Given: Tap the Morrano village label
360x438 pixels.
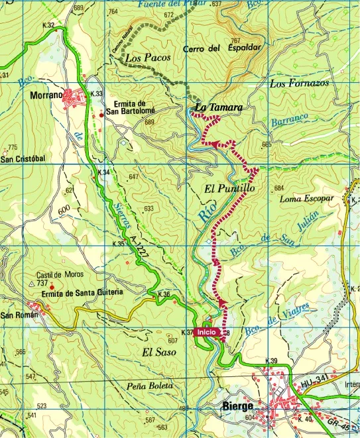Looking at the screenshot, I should coord(46,95).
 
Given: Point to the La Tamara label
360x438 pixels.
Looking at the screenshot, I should coord(218,107).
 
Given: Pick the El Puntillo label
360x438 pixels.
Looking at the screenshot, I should coord(226,188).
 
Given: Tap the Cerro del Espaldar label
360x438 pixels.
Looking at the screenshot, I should coord(227,48).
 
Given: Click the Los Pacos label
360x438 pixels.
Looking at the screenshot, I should coord(148,58).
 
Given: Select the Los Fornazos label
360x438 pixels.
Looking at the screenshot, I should coord(300,83).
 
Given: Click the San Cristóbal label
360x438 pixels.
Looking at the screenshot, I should coord(23,159).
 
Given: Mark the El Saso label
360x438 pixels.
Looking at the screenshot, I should coord(160,353).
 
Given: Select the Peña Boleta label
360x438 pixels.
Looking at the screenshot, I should coord(151,385).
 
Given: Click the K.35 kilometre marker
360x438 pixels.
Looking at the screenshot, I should coord(119,245).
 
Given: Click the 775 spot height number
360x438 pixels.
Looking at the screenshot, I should coord(13,148).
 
